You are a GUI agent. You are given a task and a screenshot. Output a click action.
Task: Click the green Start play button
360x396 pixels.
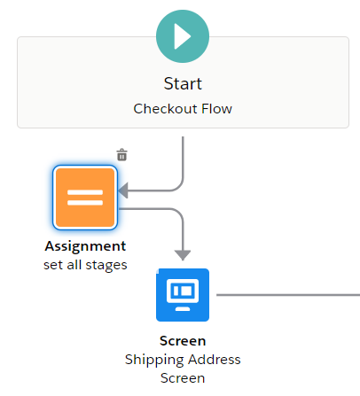pyautogui.click(x=183, y=36)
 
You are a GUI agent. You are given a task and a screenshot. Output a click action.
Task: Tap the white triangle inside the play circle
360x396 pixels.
pyautogui.click(x=182, y=36)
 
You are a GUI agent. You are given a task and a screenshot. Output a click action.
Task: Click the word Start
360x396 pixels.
pyautogui.click(x=183, y=83)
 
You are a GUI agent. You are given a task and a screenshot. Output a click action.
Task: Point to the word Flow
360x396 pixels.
pyautogui.click(x=216, y=109)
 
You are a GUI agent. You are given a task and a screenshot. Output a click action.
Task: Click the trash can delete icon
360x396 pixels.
pyautogui.click(x=121, y=155)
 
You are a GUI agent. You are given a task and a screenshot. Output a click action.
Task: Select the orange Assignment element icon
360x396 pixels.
pyautogui.click(x=85, y=198)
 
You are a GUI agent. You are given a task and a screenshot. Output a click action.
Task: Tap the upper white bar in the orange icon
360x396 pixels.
pyautogui.click(x=85, y=192)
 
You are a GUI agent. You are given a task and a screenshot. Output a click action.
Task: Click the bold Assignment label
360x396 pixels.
pyautogui.click(x=85, y=246)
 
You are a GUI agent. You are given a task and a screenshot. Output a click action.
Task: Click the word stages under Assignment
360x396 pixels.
pyautogui.click(x=106, y=266)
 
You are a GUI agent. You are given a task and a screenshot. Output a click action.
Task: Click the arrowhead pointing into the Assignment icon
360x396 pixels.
pyautogui.click(x=123, y=190)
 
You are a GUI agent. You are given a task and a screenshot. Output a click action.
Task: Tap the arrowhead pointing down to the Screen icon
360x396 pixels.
pyautogui.click(x=183, y=255)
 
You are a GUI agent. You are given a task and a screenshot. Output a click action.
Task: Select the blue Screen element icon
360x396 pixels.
pyautogui.click(x=183, y=295)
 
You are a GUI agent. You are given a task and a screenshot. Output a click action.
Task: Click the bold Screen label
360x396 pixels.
pyautogui.click(x=183, y=341)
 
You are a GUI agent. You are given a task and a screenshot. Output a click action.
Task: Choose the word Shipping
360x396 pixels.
pyautogui.click(x=155, y=361)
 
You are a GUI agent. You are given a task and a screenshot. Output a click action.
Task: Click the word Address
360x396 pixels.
pyautogui.click(x=215, y=360)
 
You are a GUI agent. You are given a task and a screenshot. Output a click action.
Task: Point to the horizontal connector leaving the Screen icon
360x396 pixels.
pyautogui.click(x=288, y=295)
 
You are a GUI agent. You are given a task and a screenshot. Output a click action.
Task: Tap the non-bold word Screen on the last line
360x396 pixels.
pyautogui.click(x=183, y=378)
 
